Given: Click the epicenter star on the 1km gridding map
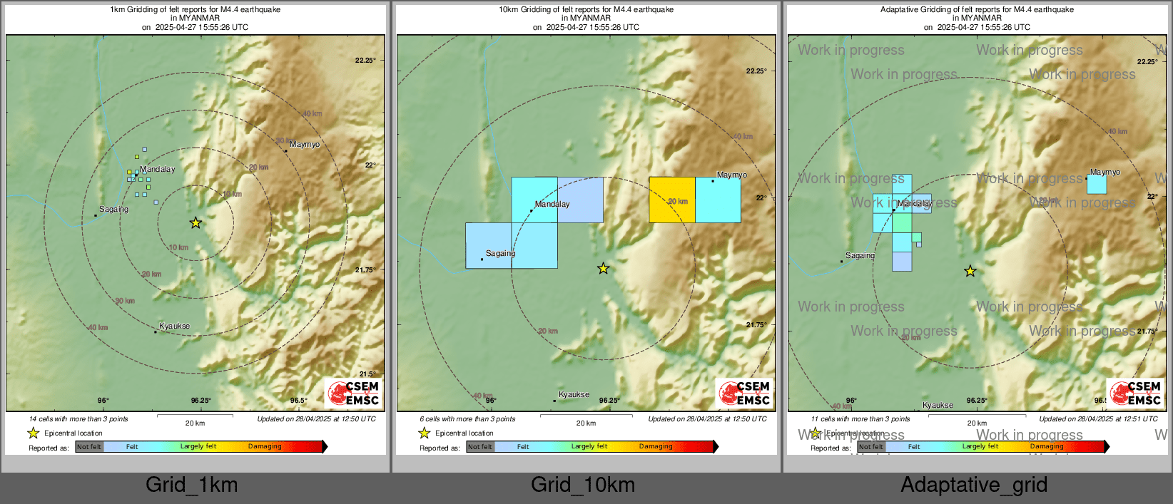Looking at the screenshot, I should [195, 223].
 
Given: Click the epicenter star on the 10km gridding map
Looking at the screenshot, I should [604, 268].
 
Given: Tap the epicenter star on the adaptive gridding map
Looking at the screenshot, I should [970, 271].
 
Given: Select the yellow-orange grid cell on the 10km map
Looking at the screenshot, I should [672, 200].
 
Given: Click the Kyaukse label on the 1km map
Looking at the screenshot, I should [174, 326].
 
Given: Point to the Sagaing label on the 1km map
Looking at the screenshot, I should [114, 210].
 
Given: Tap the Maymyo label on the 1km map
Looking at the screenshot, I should [305, 145].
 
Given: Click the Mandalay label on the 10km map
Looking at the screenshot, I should [552, 205].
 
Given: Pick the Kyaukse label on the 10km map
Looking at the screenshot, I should [574, 395].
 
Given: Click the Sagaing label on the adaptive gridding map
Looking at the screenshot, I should [860, 256].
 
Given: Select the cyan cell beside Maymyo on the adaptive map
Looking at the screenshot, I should [1097, 185].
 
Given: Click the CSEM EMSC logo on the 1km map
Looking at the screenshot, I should [353, 394].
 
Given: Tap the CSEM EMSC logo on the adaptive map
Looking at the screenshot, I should [1135, 394].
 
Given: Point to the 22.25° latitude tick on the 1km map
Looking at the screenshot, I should [365, 61].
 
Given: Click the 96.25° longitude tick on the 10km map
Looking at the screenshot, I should [609, 401].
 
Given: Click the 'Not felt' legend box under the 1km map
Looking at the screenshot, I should [89, 447].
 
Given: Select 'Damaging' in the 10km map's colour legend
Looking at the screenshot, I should [656, 447].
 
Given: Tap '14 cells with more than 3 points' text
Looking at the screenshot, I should [78, 419].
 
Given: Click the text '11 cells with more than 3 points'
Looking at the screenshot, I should [860, 419].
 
